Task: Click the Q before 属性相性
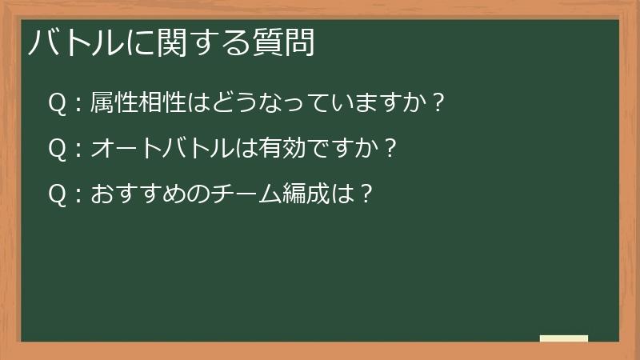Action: click(x=57, y=103)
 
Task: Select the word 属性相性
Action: click(x=136, y=103)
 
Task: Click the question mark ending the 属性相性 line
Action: click(x=437, y=103)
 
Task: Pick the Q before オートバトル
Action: click(x=57, y=148)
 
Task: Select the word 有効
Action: click(x=272, y=148)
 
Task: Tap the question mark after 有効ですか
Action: click(x=390, y=148)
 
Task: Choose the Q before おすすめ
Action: click(x=57, y=193)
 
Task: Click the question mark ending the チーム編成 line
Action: click(x=367, y=193)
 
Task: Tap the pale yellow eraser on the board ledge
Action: click(x=564, y=338)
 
